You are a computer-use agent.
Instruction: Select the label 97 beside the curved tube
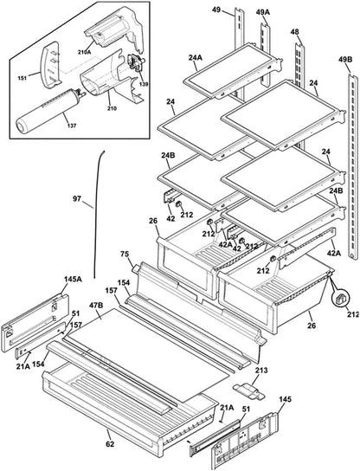tap(77, 198)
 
